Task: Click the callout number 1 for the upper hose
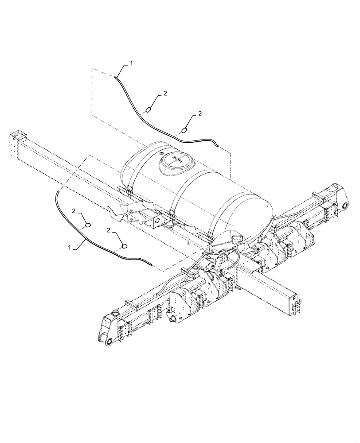pos(131,64)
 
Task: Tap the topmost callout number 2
pos(165,93)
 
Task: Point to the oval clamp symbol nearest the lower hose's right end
pos(124,245)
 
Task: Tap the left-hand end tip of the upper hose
pos(115,77)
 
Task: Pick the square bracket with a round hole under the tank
pos(157,221)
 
